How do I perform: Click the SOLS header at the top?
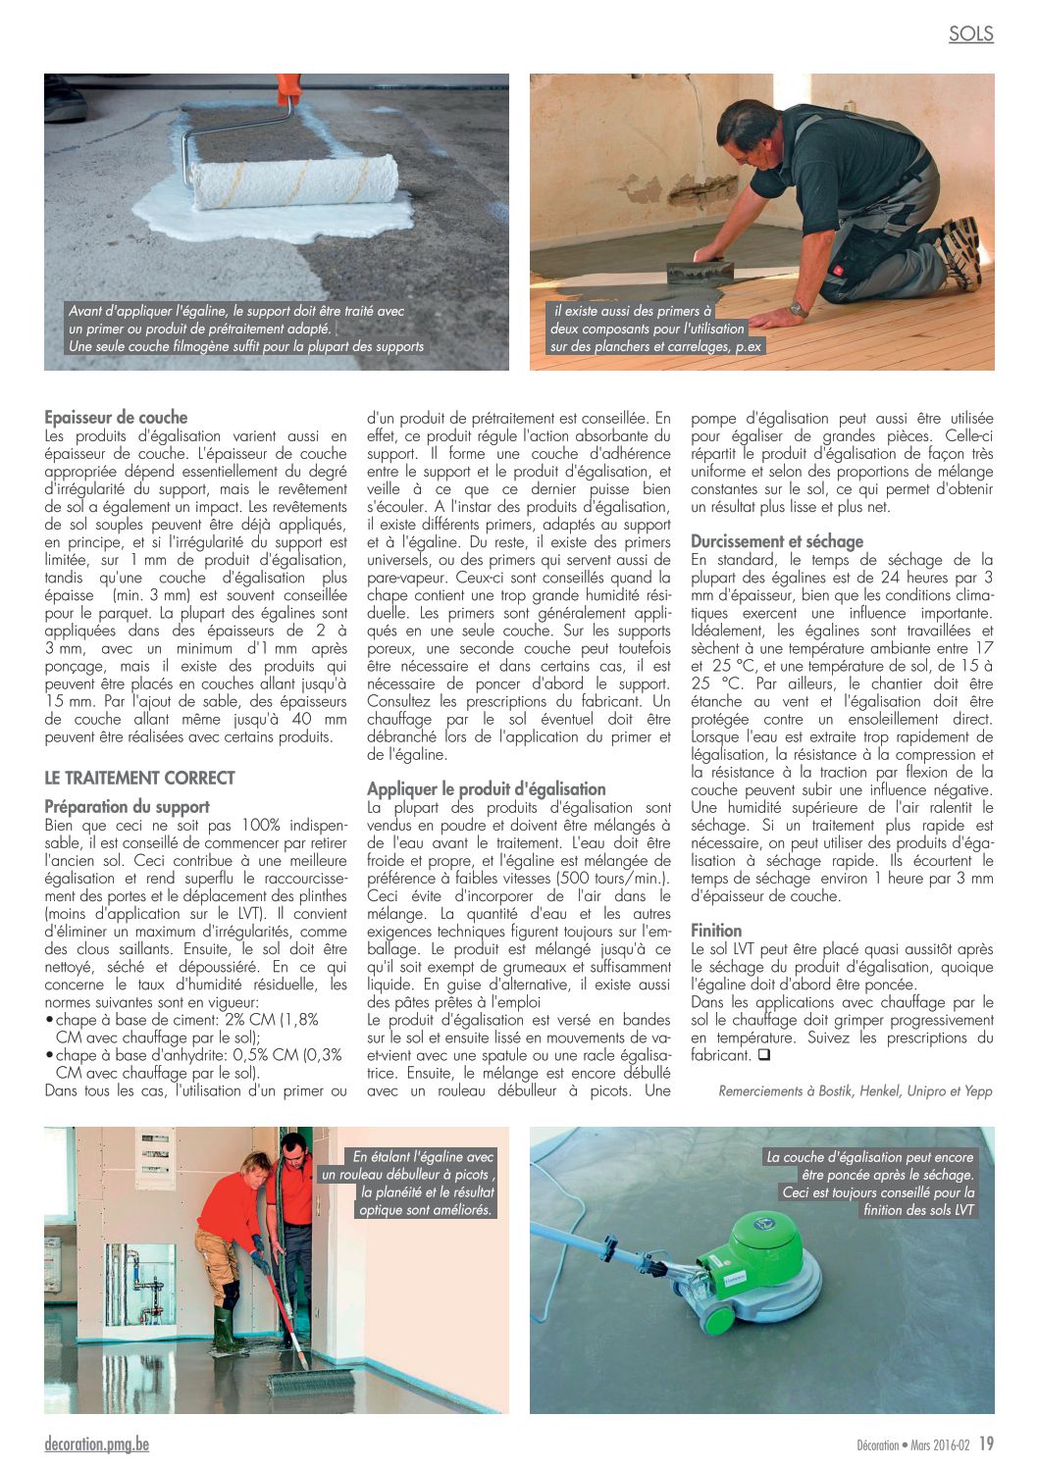(x=970, y=34)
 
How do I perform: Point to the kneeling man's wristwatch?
(x=799, y=310)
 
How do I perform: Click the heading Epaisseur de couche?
(x=116, y=417)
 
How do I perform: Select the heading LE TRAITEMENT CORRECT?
(x=139, y=778)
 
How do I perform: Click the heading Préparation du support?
(x=127, y=806)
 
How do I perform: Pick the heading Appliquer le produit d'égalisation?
(x=486, y=788)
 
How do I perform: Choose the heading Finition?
(x=716, y=930)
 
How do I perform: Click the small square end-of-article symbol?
(x=763, y=1055)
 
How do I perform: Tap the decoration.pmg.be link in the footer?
(x=96, y=1443)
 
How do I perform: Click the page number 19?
(x=986, y=1443)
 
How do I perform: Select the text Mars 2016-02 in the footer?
(x=940, y=1444)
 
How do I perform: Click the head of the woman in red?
(x=257, y=1168)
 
